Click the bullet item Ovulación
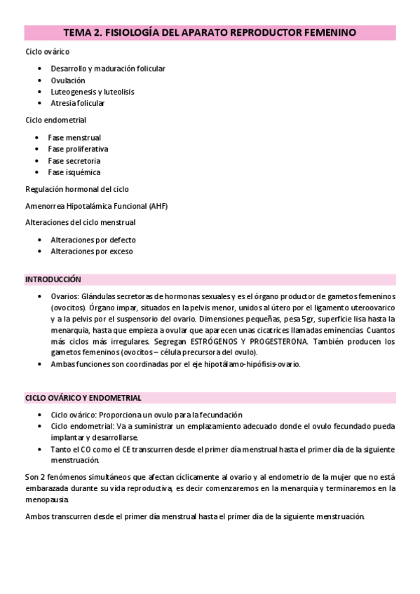pyautogui.click(x=68, y=81)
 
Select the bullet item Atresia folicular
pyautogui.click(x=78, y=103)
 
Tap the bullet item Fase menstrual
pyautogui.click(x=74, y=137)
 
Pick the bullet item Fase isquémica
pyautogui.click(x=74, y=172)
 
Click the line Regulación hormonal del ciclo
pyautogui.click(x=77, y=189)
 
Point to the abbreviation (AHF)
pyautogui.click(x=158, y=206)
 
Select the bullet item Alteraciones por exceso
pyautogui.click(x=92, y=251)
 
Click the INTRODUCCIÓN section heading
pyautogui.click(x=53, y=279)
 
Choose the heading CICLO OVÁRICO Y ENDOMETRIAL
pyautogui.click(x=83, y=398)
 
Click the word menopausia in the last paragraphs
pyautogui.click(x=46, y=499)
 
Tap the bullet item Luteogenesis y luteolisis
pyautogui.click(x=93, y=92)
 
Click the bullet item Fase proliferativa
pyautogui.click(x=78, y=148)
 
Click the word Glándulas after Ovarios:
pyautogui.click(x=101, y=296)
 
